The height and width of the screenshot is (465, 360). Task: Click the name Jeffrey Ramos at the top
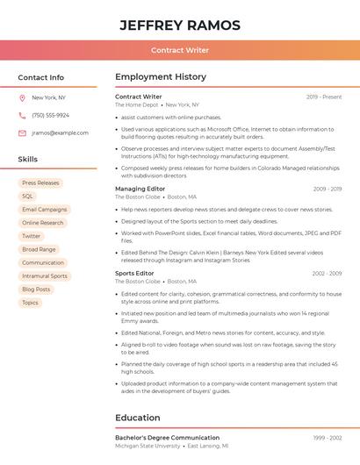[x=180, y=25]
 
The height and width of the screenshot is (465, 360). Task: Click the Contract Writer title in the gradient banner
[x=180, y=50]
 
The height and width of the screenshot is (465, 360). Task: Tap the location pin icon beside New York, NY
[x=22, y=98]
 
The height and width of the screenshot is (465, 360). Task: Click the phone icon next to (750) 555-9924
[x=22, y=115]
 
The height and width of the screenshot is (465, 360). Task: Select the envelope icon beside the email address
[x=22, y=133]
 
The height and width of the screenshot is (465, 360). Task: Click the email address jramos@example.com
[x=60, y=133]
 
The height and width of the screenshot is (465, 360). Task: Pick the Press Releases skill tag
[x=40, y=183]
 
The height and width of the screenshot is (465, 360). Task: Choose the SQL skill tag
[x=27, y=197]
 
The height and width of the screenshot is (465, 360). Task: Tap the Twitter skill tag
[x=31, y=236]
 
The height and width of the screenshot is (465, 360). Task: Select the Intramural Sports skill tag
[x=44, y=275]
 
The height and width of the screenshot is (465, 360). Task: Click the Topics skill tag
[x=30, y=303]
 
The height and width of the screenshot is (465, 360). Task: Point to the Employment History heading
[x=161, y=77]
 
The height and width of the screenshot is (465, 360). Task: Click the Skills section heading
[x=28, y=159]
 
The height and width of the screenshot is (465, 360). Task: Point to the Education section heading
[x=138, y=418]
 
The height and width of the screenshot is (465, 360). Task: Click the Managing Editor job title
[x=140, y=189]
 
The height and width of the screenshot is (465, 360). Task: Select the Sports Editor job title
[x=134, y=274]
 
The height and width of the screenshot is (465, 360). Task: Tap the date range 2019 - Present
[x=324, y=97]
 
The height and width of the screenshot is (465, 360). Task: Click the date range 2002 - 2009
[x=327, y=274]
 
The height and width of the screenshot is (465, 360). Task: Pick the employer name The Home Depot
[x=136, y=105]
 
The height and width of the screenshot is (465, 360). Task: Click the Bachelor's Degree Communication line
[x=168, y=437]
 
